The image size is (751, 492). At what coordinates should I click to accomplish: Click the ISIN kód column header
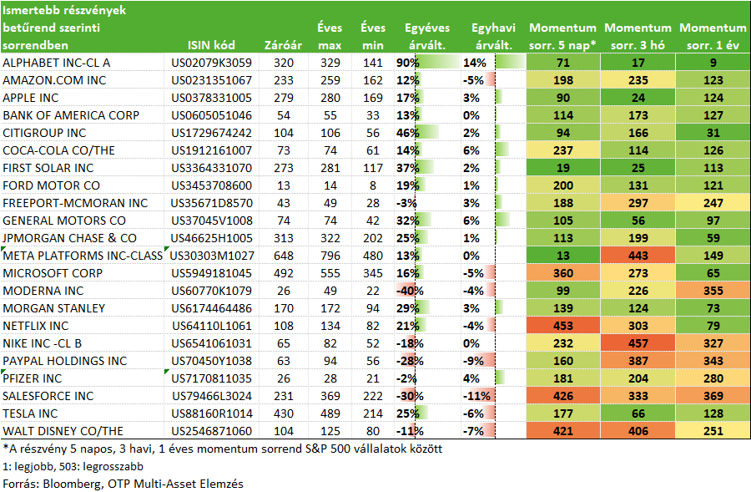pyautogui.click(x=211, y=45)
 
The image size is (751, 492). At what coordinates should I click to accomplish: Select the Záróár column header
pyautogui.click(x=283, y=45)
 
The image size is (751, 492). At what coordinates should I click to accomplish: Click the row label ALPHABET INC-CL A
pyautogui.click(x=57, y=63)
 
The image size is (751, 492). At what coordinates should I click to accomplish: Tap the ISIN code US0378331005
pyautogui.click(x=211, y=98)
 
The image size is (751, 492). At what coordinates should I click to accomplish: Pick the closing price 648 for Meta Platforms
pyautogui.click(x=284, y=256)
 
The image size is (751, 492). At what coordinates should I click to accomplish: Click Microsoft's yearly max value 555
pyautogui.click(x=330, y=273)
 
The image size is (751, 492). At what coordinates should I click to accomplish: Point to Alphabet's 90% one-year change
pyautogui.click(x=407, y=63)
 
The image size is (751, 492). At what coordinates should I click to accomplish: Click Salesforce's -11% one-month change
pyautogui.click(x=476, y=396)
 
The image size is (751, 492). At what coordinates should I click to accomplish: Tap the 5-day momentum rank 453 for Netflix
pyautogui.click(x=562, y=326)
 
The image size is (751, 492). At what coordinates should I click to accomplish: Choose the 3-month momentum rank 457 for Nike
pyautogui.click(x=638, y=344)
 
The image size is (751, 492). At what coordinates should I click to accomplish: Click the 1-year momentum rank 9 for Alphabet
pyautogui.click(x=713, y=63)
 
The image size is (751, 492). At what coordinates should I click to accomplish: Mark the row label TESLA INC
pyautogui.click(x=30, y=413)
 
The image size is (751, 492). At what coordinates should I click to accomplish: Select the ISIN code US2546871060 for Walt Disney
pyautogui.click(x=211, y=431)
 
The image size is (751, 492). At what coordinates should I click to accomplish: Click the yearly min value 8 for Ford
pyautogui.click(x=373, y=185)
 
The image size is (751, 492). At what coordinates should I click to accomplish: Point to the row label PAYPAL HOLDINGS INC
pyautogui.click(x=64, y=361)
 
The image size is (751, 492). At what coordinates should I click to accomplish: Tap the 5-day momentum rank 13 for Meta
pyautogui.click(x=562, y=256)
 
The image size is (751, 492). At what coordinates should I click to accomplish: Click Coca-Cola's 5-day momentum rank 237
pyautogui.click(x=562, y=150)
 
